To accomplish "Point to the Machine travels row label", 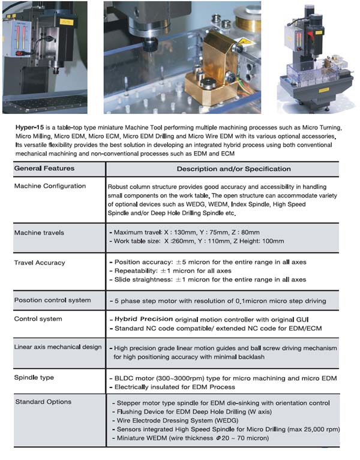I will point(39,232).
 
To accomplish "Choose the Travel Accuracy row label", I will point(40,263).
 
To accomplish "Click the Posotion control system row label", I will point(52,300).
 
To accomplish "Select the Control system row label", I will point(38,319).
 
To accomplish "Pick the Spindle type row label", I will point(34,377).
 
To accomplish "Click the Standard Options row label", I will point(43,402).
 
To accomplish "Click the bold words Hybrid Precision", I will point(143,319).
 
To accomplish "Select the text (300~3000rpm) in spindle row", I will point(179,378).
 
